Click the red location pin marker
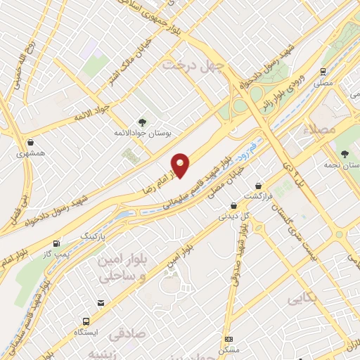[181, 165]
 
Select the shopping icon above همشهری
[32, 141]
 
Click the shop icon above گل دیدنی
[231, 207]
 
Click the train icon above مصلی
[323, 72]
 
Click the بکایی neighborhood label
[302, 300]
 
